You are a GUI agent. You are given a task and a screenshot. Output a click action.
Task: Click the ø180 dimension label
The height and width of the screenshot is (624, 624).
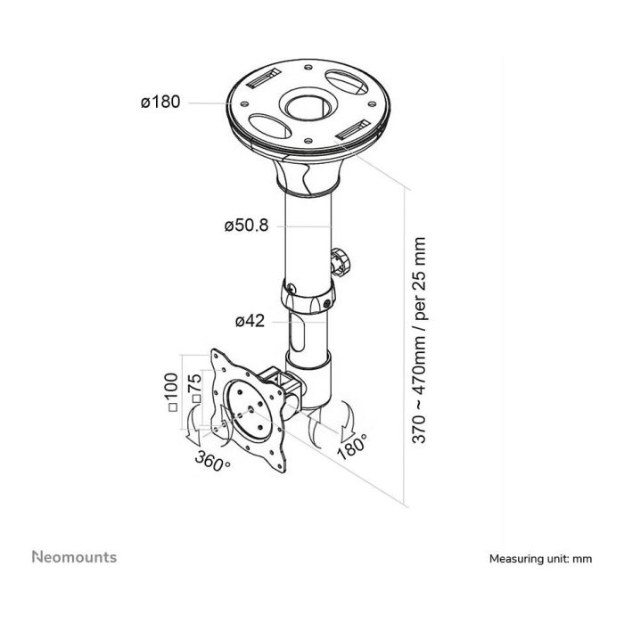coord(160,102)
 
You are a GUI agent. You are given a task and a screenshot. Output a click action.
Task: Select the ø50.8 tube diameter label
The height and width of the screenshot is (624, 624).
coord(246,226)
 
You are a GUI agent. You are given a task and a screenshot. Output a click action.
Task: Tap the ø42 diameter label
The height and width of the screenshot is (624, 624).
coord(250,321)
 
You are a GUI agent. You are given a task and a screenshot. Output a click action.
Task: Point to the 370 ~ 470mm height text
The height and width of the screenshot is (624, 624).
coord(419,341)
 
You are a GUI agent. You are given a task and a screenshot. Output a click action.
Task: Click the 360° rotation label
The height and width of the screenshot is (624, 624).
coord(212,461)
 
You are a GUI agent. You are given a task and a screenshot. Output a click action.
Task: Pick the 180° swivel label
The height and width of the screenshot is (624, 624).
coord(353,447)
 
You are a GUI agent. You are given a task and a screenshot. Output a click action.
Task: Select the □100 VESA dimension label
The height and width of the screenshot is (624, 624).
coord(171,392)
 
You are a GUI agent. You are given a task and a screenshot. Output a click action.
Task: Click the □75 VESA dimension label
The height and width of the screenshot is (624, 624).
coord(194,389)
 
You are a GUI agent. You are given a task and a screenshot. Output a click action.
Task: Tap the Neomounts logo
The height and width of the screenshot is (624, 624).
coord(74,557)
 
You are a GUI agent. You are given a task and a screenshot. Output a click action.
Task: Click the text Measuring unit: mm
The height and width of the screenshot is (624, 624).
coord(540,559)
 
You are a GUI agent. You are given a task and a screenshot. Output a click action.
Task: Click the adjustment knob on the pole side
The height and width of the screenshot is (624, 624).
coord(341,262)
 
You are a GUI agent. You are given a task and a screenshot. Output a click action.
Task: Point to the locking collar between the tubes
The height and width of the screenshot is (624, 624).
coord(308,297)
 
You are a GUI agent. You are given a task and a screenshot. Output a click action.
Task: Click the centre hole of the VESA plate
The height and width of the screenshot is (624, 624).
coord(250,408)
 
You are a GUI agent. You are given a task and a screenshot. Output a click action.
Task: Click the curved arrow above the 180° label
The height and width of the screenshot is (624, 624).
coord(345,419)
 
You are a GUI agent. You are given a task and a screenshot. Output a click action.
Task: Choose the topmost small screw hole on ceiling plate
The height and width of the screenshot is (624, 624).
coord(307,67)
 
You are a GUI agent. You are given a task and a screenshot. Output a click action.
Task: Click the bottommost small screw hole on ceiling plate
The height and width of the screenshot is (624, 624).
coord(308,141)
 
